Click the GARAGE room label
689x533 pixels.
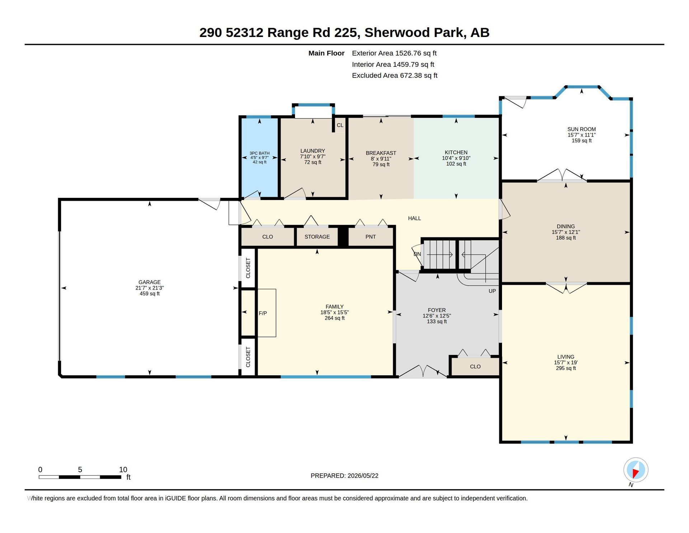150,282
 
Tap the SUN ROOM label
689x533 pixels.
581,129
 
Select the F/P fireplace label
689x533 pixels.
263,313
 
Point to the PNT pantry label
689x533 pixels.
370,237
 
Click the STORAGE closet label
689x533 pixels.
317,237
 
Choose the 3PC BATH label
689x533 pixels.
259,153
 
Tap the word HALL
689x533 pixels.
414,218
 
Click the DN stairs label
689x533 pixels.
417,254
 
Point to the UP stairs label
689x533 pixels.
492,291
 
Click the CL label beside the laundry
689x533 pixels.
340,125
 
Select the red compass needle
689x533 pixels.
635,474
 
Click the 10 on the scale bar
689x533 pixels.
123,469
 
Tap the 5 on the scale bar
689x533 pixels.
80,469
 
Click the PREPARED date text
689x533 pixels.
344,476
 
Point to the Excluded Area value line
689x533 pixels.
395,75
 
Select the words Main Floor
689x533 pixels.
326,53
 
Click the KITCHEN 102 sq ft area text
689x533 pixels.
456,164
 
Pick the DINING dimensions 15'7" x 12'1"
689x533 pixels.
566,232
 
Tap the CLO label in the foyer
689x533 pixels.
475,367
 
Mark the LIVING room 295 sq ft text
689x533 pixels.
566,368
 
